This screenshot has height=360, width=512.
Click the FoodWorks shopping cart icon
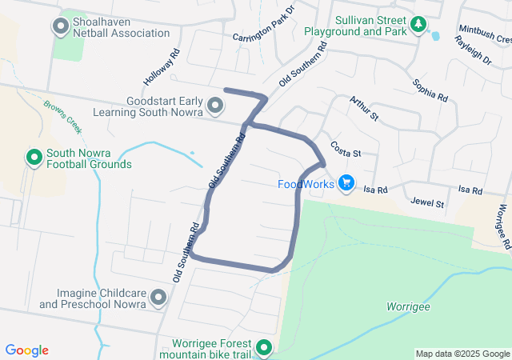[346, 184]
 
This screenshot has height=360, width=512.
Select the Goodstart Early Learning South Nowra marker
[215, 106]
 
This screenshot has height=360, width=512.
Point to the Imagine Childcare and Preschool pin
[158, 298]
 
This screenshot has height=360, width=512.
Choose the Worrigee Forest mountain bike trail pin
[264, 348]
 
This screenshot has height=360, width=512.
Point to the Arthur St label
[363, 108]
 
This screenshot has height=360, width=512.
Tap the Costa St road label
[346, 150]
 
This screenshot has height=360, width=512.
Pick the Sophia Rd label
[430, 90]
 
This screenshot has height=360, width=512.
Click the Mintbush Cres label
[484, 34]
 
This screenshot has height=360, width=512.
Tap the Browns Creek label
[63, 116]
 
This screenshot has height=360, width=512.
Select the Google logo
[27, 350]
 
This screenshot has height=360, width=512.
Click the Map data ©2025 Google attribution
[462, 354]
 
